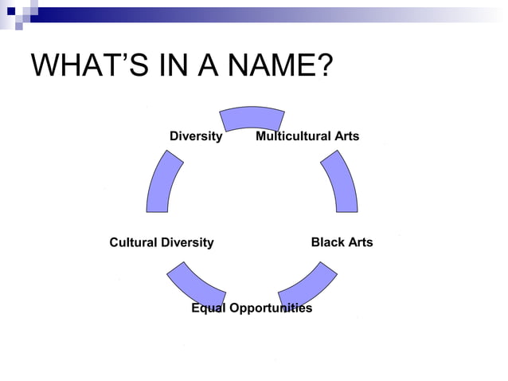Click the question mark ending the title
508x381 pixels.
point(324,65)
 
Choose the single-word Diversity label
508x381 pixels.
point(196,136)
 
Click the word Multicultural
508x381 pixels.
point(294,136)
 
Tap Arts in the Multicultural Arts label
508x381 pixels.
point(347,136)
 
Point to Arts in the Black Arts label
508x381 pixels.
point(359,242)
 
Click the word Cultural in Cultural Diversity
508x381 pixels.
point(135,242)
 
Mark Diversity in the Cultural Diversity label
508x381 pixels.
point(189,242)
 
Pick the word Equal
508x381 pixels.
point(209,308)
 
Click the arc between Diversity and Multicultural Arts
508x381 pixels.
point(252,118)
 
